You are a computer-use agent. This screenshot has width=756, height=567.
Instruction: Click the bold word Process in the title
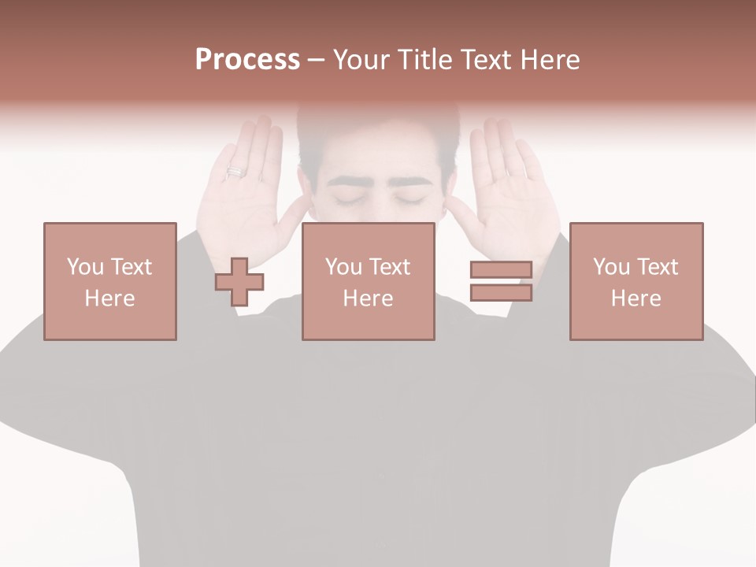(x=247, y=60)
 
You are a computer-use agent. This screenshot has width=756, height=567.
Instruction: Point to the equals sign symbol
(x=501, y=281)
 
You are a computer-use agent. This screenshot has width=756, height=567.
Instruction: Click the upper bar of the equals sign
(x=501, y=270)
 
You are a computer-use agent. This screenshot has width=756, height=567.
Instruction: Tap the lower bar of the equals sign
(x=501, y=293)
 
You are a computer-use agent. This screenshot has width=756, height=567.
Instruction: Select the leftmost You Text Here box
(x=109, y=281)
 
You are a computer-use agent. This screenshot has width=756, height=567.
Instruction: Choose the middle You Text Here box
(x=368, y=281)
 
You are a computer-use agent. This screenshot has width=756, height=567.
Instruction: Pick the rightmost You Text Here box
(x=636, y=281)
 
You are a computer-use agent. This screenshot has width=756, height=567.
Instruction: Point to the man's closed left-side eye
(x=349, y=200)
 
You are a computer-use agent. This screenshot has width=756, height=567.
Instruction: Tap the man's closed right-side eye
(x=409, y=200)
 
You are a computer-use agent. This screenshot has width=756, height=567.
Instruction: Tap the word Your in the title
(x=362, y=60)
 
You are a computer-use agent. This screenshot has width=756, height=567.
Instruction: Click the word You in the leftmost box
(x=85, y=266)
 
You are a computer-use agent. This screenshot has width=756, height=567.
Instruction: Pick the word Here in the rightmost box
(x=636, y=298)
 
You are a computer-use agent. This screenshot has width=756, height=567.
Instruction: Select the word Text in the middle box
(x=389, y=266)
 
